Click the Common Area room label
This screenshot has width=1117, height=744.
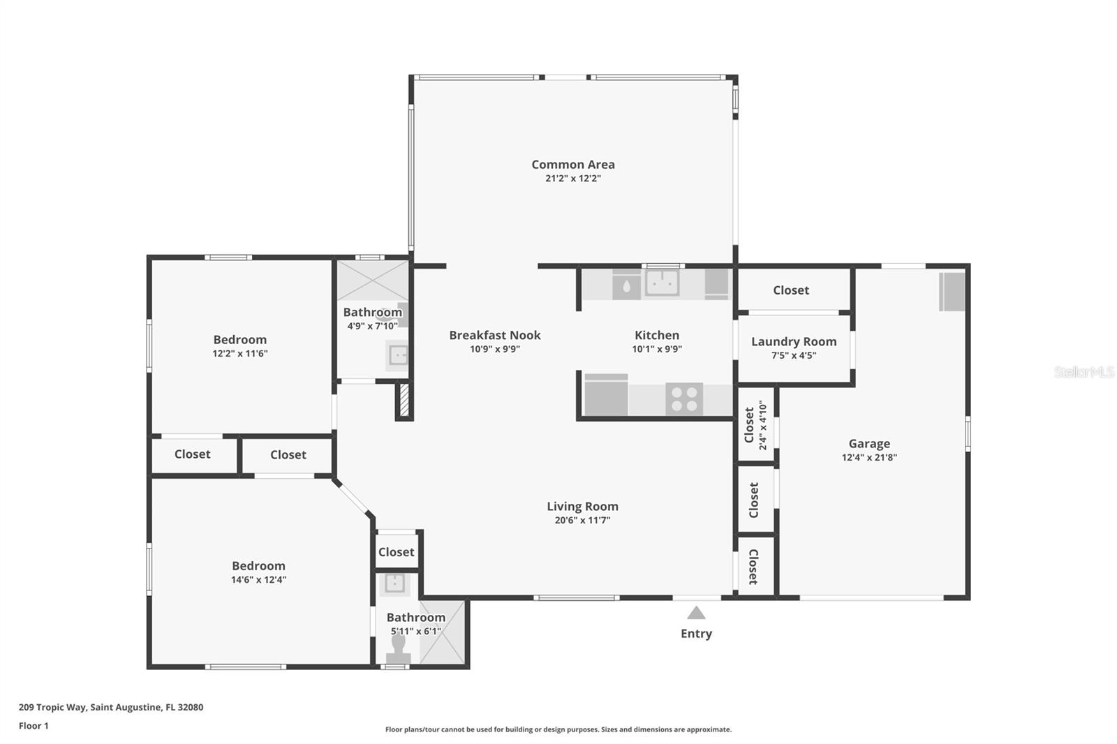[x=573, y=165]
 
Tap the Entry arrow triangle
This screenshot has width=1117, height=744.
[x=696, y=613]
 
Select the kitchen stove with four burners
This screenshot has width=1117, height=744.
[x=684, y=399]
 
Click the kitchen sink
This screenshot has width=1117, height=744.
[x=663, y=283]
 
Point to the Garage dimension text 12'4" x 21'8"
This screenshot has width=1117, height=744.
[x=869, y=457]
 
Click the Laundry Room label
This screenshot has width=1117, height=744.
[x=794, y=341]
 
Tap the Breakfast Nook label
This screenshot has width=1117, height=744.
[x=495, y=335]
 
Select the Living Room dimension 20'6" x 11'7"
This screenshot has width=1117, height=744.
[x=582, y=520]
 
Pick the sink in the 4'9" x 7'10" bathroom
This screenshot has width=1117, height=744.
[x=397, y=355]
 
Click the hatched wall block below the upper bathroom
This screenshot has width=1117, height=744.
[x=404, y=399]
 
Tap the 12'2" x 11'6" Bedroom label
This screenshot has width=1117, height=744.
[x=240, y=340]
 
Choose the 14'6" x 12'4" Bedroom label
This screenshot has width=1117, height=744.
[x=258, y=566]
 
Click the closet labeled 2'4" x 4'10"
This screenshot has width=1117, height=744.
[x=755, y=425]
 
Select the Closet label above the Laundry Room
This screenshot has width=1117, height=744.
[x=791, y=290]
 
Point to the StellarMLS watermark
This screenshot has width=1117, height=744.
[x=1084, y=372]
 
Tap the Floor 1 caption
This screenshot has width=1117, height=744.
[x=34, y=726]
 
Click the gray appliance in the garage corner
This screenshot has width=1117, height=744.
[x=952, y=292]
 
